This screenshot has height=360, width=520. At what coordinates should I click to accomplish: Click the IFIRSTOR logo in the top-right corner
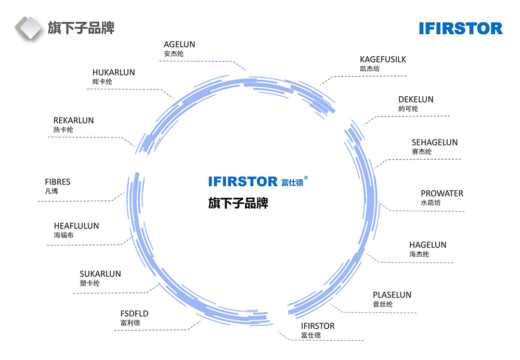tap(461, 28)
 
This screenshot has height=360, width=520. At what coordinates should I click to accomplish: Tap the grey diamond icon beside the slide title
tap(28, 28)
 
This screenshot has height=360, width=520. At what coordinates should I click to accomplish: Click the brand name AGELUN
tap(179, 45)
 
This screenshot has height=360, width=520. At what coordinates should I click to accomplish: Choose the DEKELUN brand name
tap(415, 99)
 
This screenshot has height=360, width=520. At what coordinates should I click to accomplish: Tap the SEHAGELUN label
tap(435, 142)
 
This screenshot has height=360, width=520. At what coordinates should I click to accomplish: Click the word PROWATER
tap(442, 194)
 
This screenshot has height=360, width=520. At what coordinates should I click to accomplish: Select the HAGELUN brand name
tap(427, 245)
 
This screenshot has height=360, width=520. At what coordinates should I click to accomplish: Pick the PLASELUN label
tap(392, 295)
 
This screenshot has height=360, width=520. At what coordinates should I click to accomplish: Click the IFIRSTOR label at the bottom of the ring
tap(318, 326)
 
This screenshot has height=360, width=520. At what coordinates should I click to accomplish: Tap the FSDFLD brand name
tap(134, 314)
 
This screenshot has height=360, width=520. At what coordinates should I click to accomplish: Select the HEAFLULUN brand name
tap(76, 226)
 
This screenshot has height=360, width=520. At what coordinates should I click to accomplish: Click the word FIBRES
tap(57, 182)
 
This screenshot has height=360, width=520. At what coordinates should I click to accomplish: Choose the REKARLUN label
tap(73, 121)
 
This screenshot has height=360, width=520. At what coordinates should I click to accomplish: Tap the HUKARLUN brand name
tap(113, 73)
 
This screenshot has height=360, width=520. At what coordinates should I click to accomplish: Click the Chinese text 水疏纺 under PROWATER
tap(431, 203)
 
